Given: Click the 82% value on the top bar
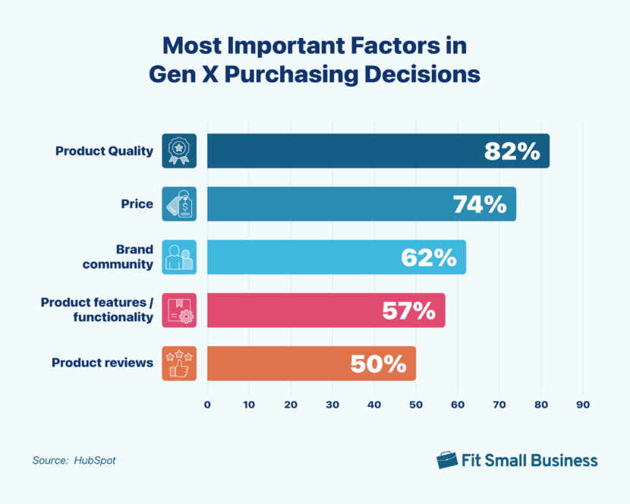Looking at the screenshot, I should click(x=512, y=151).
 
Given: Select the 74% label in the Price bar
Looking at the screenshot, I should click(x=479, y=204).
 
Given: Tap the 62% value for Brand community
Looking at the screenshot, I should click(x=429, y=257).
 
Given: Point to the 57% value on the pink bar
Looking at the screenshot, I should click(x=408, y=310).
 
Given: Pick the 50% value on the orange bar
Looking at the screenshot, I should click(x=378, y=364).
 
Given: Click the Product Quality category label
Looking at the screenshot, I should click(x=104, y=151).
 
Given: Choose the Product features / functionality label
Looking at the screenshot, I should click(x=96, y=310).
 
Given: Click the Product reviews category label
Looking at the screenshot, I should click(x=102, y=363).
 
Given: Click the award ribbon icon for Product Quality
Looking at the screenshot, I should click(x=179, y=151).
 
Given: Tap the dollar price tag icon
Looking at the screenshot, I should click(x=179, y=204).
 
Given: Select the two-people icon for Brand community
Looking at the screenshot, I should click(x=179, y=257).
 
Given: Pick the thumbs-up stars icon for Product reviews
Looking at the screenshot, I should click(x=179, y=364).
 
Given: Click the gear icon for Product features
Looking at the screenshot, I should click(x=179, y=310).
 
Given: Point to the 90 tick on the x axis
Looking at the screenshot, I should click(x=582, y=405).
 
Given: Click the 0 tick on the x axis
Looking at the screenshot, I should click(x=207, y=405).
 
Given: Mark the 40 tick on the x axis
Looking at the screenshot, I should click(x=373, y=405).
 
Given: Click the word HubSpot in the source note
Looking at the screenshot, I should click(x=95, y=460).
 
